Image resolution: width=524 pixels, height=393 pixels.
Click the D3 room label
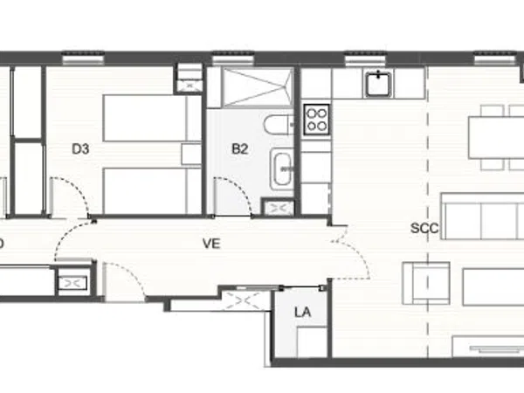point(80,148)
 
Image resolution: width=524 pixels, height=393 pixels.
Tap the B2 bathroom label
point(240,148)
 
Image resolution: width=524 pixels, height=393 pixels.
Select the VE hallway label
point(211,244)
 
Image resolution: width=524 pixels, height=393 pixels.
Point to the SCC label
point(424,228)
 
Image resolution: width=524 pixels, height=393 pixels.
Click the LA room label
point(303,313)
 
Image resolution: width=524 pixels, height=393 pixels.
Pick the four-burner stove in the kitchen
point(317,120)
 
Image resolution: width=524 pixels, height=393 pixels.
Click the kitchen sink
point(378,84)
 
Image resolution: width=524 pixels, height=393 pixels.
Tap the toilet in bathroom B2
point(279,124)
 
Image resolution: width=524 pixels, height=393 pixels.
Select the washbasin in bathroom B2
point(282,169)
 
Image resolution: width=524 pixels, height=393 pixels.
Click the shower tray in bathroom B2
point(258,87)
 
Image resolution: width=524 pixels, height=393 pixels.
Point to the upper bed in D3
point(152,118)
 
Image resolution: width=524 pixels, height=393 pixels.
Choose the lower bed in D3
point(152,190)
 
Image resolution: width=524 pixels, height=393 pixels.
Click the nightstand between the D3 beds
point(191,155)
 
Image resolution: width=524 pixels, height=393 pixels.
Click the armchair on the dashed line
point(426,283)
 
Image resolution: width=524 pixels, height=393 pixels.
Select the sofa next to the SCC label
point(483,217)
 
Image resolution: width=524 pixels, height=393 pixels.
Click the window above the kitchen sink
point(365,59)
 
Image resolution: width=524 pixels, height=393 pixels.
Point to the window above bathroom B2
point(233,59)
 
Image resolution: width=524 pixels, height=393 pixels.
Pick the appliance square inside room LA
point(312,341)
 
